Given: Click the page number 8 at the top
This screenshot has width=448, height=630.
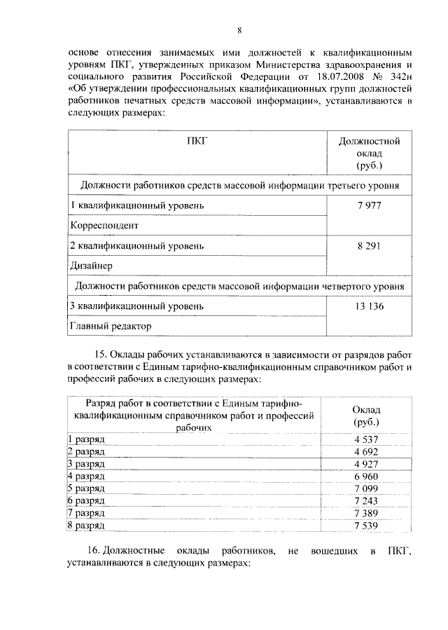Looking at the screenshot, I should click(x=239, y=30).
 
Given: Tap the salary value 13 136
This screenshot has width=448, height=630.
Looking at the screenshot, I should click(x=369, y=306).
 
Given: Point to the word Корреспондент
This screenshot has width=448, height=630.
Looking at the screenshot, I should click(x=104, y=226).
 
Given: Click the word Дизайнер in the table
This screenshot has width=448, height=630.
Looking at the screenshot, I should click(x=92, y=266).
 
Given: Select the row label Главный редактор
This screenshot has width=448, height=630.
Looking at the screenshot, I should click(x=111, y=326).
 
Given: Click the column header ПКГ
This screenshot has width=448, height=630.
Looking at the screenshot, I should click(x=197, y=142).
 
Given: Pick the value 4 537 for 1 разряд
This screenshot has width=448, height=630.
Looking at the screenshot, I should click(x=367, y=439).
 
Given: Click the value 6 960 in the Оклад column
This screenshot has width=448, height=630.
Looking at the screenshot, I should click(x=367, y=476).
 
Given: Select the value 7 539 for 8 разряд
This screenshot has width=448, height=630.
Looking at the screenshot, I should click(x=367, y=525).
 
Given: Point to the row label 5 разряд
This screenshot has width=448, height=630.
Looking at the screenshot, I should click(x=86, y=488).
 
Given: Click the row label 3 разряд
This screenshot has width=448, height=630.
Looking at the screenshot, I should click(x=86, y=464).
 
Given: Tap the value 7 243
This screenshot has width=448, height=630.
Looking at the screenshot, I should click(x=367, y=500).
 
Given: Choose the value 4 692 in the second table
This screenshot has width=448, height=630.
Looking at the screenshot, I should click(x=367, y=451).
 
